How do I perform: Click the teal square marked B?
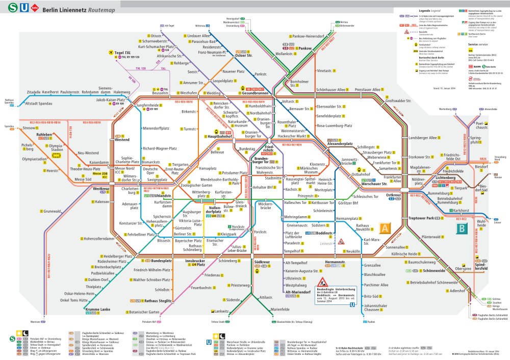[x=461, y=228]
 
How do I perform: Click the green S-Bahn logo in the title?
[x=8, y=8]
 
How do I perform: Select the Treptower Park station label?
[x=421, y=218]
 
